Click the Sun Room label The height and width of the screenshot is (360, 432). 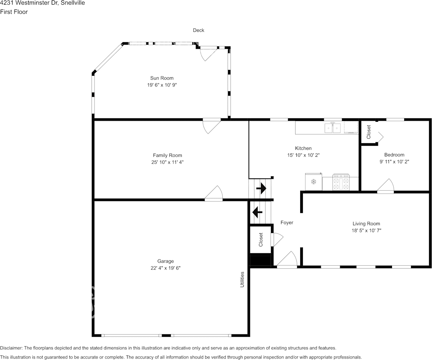pyautogui.click(x=162, y=78)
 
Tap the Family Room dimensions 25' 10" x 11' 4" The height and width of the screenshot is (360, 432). pyautogui.click(x=168, y=162)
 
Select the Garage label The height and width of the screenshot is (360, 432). pyautogui.click(x=166, y=261)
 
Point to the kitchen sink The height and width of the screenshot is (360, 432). pyautogui.click(x=333, y=128)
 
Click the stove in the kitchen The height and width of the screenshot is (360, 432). pyautogui.click(x=341, y=182)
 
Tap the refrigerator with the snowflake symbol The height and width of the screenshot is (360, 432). pyautogui.click(x=314, y=182)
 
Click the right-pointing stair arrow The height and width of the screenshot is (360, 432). pyautogui.click(x=261, y=188)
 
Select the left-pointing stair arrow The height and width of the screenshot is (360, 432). pyautogui.click(x=257, y=212)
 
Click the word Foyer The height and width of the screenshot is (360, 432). pyautogui.click(x=287, y=222)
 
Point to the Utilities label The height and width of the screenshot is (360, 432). pyautogui.click(x=242, y=280)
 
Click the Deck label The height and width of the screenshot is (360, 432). pyautogui.click(x=198, y=30)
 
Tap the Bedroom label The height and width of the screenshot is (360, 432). pyautogui.click(x=394, y=155)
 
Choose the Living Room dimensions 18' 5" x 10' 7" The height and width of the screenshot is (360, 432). pyautogui.click(x=366, y=231)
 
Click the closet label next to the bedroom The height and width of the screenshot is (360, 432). pyautogui.click(x=369, y=132)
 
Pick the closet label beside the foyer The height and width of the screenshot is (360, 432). pyautogui.click(x=261, y=240)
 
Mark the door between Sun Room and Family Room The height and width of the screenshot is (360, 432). pyautogui.click(x=211, y=126)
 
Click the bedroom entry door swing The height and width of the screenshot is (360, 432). pyautogui.click(x=386, y=185)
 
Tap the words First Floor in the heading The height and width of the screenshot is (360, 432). pyautogui.click(x=14, y=12)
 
